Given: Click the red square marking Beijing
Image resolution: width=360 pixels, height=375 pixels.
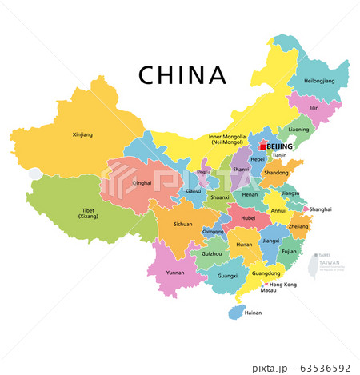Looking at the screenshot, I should pyautogui.click(x=263, y=146).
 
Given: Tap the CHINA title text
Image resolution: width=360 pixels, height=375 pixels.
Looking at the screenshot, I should pyautogui.click(x=182, y=74).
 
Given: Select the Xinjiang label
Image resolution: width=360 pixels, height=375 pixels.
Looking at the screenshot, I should pyautogui.click(x=82, y=134).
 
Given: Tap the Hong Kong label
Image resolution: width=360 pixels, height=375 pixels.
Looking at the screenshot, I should pyautogui.click(x=283, y=285).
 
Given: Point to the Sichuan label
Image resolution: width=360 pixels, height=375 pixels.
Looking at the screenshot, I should pyautogui.click(x=183, y=225).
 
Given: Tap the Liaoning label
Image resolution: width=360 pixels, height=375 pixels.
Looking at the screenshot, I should pyautogui.click(x=298, y=130).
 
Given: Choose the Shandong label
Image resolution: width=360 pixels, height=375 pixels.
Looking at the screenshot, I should pyautogui.click(x=276, y=172).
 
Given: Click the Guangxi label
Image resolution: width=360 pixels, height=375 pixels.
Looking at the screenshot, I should pyautogui.click(x=227, y=276).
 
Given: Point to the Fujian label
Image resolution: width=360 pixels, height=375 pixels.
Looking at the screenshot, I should pyautogui.click(x=289, y=252).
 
